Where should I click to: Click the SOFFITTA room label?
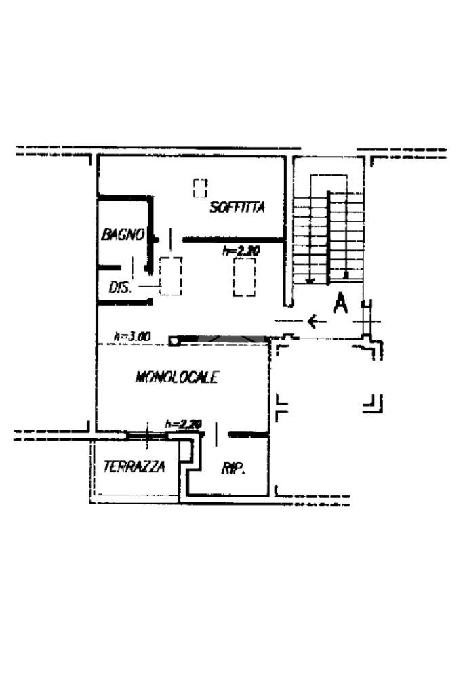237,208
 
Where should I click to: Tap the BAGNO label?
123,234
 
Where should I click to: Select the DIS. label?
119,287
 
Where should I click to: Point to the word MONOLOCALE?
177,377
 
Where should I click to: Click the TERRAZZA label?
134,466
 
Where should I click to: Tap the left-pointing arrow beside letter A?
313,321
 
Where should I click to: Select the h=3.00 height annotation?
132,335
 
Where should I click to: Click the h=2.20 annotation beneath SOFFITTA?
241,251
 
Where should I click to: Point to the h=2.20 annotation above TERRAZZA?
184,424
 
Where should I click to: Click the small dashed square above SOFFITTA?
199,187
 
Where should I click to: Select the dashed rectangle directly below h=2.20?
243,277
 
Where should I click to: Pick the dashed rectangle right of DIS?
171,276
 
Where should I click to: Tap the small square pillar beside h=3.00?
174,340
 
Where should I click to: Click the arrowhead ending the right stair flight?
346,275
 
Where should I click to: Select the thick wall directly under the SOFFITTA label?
233,240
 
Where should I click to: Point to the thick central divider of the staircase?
329,237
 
